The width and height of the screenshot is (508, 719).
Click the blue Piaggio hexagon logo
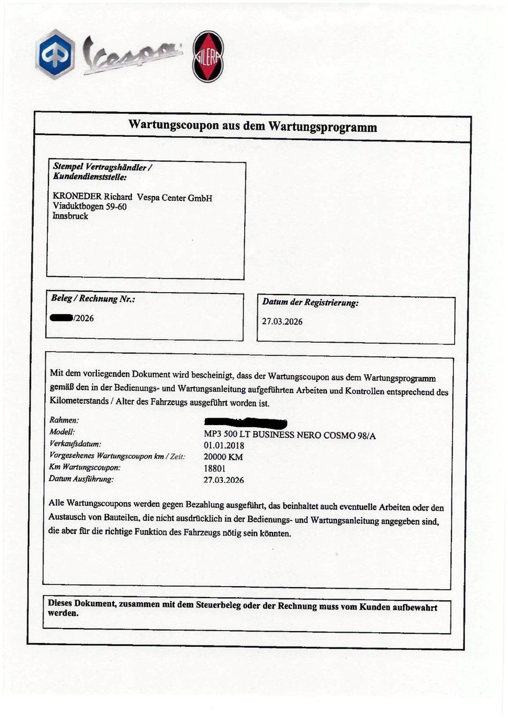55,54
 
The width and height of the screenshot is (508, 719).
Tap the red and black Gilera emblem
208,57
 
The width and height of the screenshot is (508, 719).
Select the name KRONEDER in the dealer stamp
77,197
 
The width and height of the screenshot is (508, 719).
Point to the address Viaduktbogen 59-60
90,206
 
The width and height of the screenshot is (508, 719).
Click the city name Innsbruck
70,216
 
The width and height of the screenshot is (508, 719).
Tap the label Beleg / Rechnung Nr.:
93,299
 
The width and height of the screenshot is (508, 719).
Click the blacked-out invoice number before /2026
61,318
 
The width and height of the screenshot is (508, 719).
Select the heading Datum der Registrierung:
310,302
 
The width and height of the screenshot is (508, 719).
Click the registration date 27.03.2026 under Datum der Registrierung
282,322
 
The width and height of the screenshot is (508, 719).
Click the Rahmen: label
64,420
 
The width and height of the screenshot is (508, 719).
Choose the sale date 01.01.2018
224,446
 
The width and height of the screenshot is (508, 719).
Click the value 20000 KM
223,457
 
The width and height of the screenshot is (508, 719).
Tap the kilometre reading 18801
215,468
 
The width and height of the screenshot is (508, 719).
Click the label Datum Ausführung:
81,479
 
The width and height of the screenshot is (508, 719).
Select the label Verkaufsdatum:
75,444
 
